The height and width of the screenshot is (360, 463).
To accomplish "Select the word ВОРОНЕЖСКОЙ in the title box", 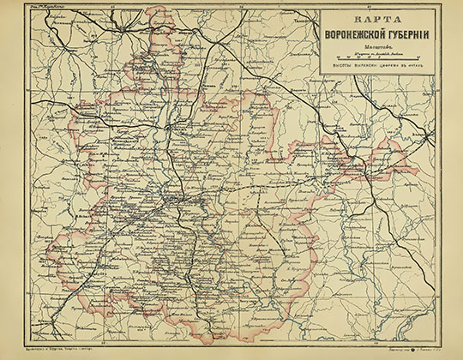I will (363, 37).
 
